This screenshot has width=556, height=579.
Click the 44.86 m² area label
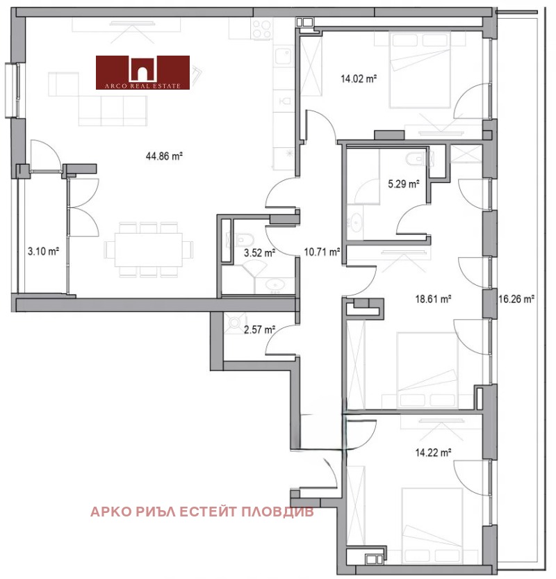click(x=164, y=156)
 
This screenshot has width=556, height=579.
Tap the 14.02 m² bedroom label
click(x=359, y=79)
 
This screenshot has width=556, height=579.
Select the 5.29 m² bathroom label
click(x=404, y=184)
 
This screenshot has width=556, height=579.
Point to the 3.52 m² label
click(x=259, y=253)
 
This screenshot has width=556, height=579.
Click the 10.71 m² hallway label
click(x=322, y=252)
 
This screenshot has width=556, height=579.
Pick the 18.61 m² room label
click(x=433, y=299)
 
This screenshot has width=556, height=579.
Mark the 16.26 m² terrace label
click(x=516, y=299)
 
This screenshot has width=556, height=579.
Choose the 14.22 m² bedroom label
click(x=433, y=452)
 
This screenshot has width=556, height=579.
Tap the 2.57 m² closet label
click(x=259, y=329)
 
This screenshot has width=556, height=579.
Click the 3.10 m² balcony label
click(x=44, y=252)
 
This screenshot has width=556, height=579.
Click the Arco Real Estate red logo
click(x=142, y=72)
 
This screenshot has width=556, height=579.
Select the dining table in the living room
click(x=149, y=250)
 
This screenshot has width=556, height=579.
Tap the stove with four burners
click(x=261, y=28)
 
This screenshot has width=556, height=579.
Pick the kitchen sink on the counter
click(x=283, y=56)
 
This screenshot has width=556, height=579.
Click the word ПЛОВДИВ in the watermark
click(x=277, y=512)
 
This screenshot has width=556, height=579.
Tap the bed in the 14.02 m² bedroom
click(x=420, y=70)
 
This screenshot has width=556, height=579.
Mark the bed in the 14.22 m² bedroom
click(x=432, y=525)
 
